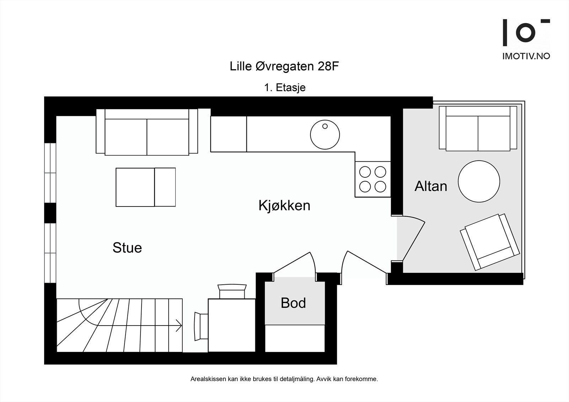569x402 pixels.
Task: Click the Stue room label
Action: click(127, 248)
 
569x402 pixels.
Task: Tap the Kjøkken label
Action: click(284, 206)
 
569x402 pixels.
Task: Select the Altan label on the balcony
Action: click(431, 186)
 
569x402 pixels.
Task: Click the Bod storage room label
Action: click(293, 303)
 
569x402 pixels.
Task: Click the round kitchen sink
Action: click(325, 135)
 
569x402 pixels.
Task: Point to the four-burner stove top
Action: click(372, 179)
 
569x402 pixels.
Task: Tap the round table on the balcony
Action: click(479, 182)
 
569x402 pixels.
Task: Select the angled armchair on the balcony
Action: click(490, 242)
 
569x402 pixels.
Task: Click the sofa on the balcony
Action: click(478, 129)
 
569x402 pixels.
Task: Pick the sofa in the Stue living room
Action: click(147, 132)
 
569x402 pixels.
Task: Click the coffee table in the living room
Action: click(145, 187)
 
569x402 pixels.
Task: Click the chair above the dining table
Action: click(232, 291)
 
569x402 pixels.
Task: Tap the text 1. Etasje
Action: click(284, 87)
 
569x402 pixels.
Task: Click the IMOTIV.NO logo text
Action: click(526, 56)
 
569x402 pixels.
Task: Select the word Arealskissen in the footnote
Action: click(208, 379)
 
